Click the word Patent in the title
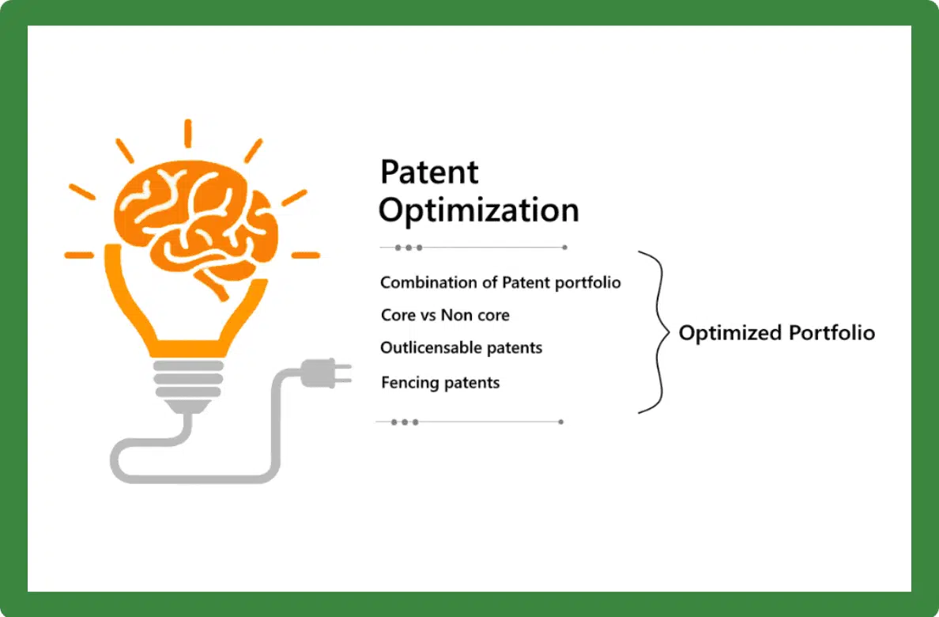pos(429,172)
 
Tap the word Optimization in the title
pos(478,211)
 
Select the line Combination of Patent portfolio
pos(500,282)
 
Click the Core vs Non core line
pos(444,315)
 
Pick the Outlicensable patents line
pos(461,348)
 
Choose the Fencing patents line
pos(440,383)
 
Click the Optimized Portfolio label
pos(776,333)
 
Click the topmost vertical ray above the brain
pos(187,133)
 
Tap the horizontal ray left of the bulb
pos(79,256)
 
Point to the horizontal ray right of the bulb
pos(305,256)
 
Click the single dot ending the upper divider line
pos(564,248)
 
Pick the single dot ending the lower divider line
pos(560,422)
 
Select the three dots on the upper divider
pos(409,248)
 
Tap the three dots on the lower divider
pos(405,422)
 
